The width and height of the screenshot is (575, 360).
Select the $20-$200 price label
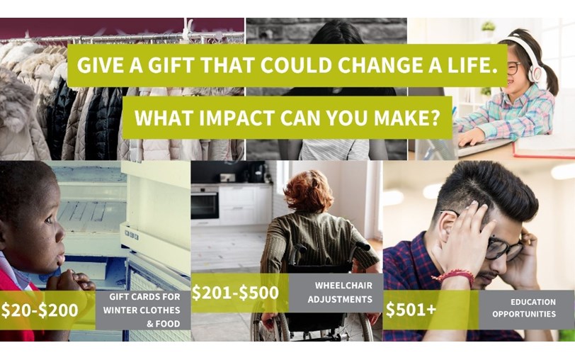pos(40,310)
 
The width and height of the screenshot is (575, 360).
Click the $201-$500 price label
pos(235,293)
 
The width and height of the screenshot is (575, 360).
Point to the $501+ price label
pos(411,310)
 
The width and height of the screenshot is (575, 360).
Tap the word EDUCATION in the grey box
pos(533,302)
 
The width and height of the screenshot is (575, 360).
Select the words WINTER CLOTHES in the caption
pos(142,310)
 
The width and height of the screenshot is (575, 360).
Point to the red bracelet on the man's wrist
pos(453,276)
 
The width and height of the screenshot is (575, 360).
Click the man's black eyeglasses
pos(499,245)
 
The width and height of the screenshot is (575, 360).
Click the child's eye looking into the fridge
pos(48,220)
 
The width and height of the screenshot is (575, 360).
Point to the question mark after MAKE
pos(435,118)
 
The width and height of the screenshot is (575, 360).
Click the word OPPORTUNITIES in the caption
pos(524,314)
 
